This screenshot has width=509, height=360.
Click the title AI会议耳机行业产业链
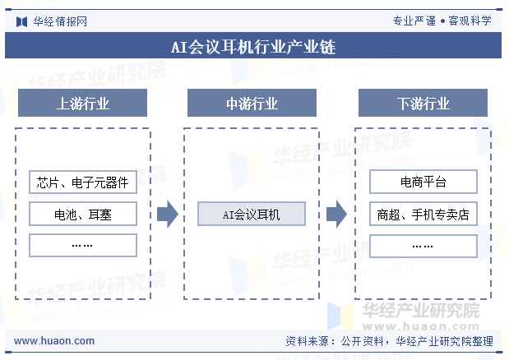point(253,47)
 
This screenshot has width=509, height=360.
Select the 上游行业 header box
point(82,103)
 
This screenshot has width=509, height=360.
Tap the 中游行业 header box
point(252,103)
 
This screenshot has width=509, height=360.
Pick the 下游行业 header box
point(423,103)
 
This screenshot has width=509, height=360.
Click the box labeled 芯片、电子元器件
point(83,182)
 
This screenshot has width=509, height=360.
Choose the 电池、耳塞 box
point(83,214)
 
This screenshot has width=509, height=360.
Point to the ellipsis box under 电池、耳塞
point(83,246)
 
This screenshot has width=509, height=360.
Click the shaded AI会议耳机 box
point(252,214)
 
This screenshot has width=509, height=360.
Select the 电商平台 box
point(423,182)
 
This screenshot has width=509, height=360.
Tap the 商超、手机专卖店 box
point(423,214)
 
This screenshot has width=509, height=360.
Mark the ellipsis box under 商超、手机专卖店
point(423,246)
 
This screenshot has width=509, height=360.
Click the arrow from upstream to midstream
point(168,214)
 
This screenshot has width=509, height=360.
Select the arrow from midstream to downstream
point(336,214)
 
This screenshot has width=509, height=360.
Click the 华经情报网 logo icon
point(21,21)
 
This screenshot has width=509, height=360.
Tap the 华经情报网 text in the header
point(60,21)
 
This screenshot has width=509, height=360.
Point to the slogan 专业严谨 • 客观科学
point(442,21)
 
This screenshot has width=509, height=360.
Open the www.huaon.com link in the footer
point(54,341)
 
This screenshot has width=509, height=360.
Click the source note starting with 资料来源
point(389,341)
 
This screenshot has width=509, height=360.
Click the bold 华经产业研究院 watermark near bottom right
point(421,311)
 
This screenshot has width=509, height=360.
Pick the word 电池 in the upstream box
point(65,215)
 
